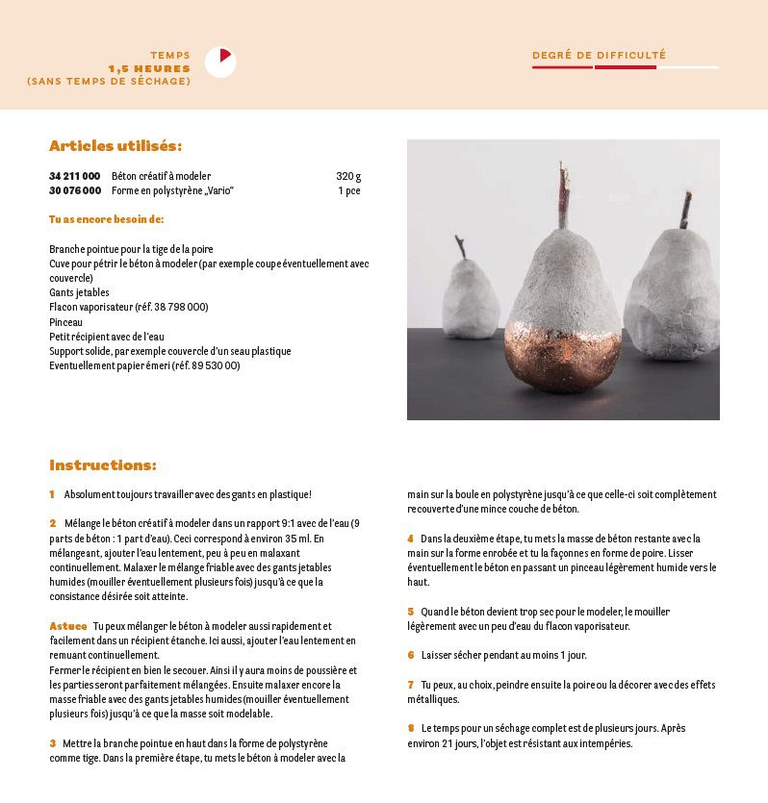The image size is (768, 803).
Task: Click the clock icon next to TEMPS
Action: click(220, 62)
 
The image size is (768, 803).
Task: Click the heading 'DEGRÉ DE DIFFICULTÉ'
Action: click(599, 56)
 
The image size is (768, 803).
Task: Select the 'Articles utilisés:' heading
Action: click(115, 146)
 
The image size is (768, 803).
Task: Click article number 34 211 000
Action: click(74, 177)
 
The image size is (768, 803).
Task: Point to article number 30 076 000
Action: click(74, 191)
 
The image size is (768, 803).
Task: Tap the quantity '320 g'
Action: click(348, 177)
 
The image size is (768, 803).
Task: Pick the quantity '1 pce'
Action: click(349, 191)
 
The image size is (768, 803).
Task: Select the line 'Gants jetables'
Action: click(79, 292)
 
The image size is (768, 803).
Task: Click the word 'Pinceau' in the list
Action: click(65, 322)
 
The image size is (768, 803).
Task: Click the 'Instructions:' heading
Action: click(103, 465)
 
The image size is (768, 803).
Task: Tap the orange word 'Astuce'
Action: click(67, 626)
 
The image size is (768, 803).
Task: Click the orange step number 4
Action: click(410, 539)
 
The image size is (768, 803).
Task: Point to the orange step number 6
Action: click(410, 655)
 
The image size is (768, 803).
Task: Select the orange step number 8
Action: click(410, 728)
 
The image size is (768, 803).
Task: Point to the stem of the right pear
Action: click(685, 211)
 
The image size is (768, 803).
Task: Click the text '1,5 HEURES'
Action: click(149, 68)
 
